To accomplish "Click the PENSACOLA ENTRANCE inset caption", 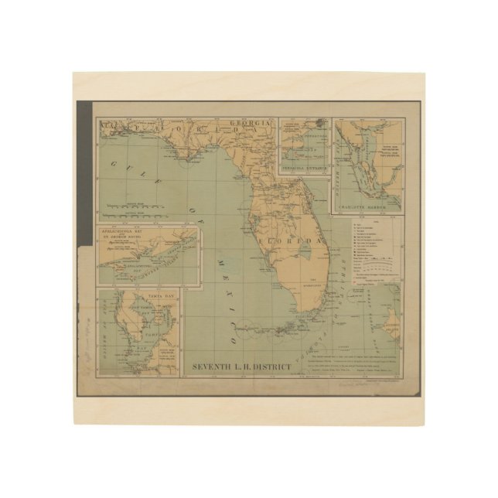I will point(303,167).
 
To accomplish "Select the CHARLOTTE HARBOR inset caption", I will point(367,206).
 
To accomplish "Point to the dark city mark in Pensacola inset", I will point(319,124).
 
